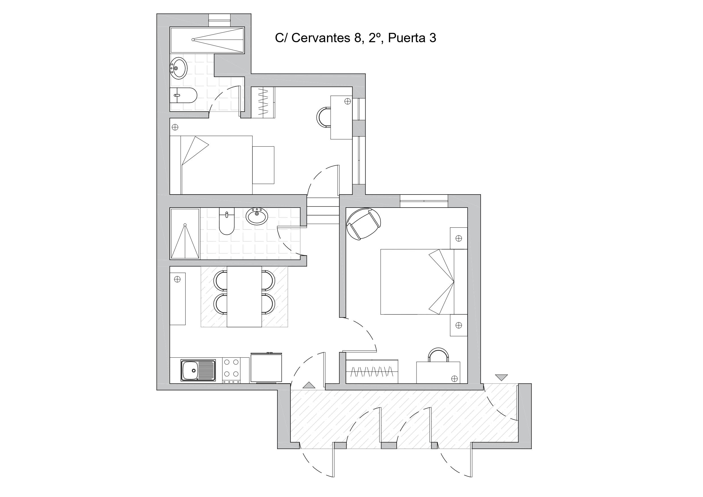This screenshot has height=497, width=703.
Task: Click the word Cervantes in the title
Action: (x=321, y=38)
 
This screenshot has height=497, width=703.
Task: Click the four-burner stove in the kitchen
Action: (x=231, y=370)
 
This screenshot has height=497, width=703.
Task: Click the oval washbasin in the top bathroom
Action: (x=179, y=68)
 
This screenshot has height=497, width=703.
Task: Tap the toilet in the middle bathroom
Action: (x=227, y=221)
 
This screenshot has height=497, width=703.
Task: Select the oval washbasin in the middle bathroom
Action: (x=257, y=216)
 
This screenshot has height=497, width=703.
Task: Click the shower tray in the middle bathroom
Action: (x=185, y=234)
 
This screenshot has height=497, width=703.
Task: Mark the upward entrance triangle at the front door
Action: (x=309, y=385)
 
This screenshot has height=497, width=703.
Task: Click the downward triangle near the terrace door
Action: (x=502, y=378)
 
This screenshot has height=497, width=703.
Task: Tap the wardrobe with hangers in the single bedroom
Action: (x=263, y=102)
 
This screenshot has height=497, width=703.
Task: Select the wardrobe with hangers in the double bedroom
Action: (x=372, y=371)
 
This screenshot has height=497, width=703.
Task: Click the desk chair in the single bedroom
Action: (x=323, y=117)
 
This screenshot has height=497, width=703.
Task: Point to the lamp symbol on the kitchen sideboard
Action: (x=177, y=279)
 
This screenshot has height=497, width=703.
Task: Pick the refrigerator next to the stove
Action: (x=266, y=368)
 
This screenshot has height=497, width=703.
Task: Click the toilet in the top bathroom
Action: (x=183, y=95)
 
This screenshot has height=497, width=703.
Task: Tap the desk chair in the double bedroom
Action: (x=438, y=355)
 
